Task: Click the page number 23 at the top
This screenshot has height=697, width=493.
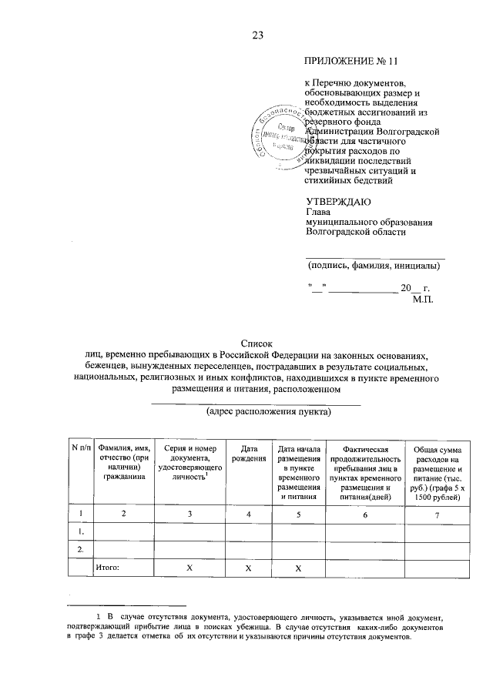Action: pos(257,35)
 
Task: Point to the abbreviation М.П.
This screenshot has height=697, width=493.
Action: pos(423,299)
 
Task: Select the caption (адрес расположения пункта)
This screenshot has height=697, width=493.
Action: pos(257,412)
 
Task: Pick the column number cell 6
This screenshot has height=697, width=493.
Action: pos(366,514)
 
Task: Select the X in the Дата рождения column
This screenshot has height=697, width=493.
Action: pos(248,568)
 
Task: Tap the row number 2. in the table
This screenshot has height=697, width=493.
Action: pos(81,549)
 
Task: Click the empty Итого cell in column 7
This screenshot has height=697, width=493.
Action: pos(438,568)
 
